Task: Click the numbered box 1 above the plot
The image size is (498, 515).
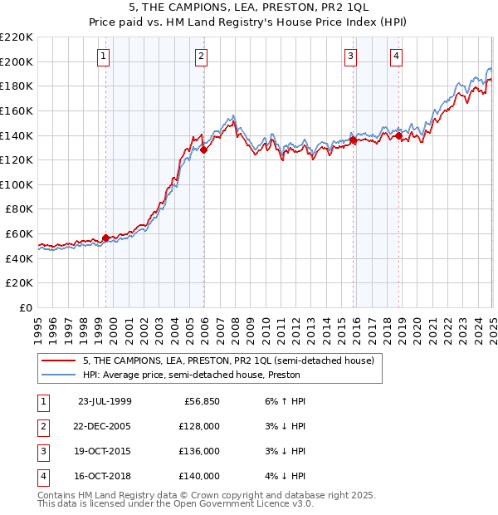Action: coord(103,56)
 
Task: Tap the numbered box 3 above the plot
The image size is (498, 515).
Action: coord(351,56)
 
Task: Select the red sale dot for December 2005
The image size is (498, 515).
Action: coord(203,150)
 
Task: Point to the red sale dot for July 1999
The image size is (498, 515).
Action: coord(106,238)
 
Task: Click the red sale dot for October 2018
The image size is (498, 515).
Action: coord(398,135)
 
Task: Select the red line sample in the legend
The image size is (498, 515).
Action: coord(59,360)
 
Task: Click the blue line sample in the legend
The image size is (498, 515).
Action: coord(59,375)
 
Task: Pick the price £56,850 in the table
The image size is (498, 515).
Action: coord(201,401)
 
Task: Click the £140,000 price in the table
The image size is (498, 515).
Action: coord(201,476)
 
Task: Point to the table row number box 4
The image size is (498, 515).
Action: coord(41,476)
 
